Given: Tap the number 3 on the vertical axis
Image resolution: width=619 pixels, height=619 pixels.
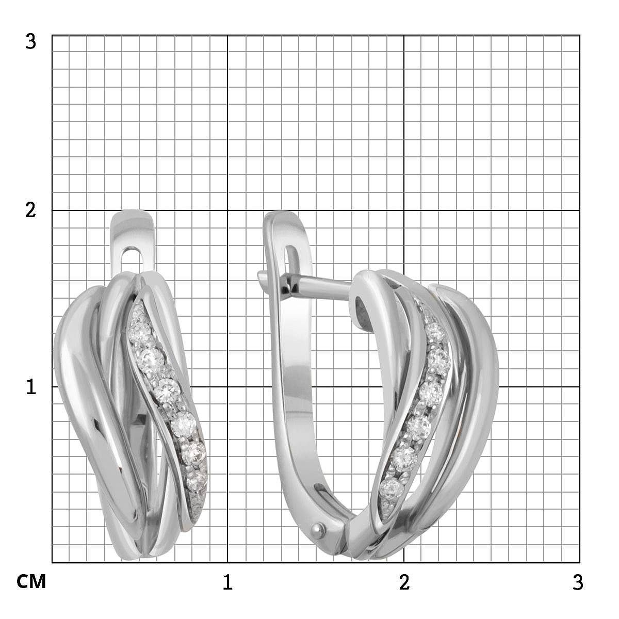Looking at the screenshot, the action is (x=30, y=42).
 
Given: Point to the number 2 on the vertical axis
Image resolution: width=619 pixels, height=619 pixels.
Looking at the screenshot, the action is (x=30, y=210).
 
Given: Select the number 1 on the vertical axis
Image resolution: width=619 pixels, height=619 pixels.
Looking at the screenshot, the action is (x=30, y=386).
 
